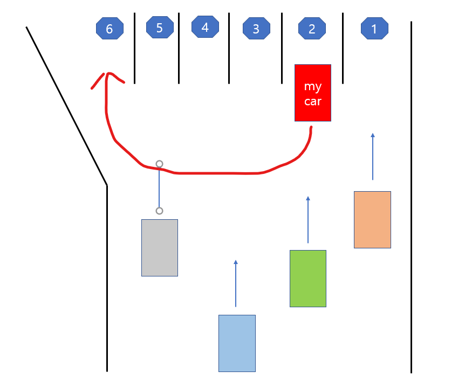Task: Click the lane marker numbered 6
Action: point(110,29)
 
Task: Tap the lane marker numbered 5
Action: point(160,28)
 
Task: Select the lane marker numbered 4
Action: point(205,27)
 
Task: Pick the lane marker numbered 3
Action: point(256,29)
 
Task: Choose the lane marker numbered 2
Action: point(312,29)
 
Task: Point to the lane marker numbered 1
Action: point(374,29)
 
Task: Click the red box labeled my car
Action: point(313,93)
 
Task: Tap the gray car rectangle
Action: point(160,248)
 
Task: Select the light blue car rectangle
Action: point(237,343)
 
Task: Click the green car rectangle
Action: point(308,279)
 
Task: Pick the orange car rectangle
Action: point(372,220)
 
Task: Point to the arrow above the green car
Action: point(308,219)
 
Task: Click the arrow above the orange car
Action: point(373,156)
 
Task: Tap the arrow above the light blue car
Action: point(236,283)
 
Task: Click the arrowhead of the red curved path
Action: point(108,76)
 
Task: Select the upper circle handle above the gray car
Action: point(159,164)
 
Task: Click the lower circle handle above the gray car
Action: point(159,211)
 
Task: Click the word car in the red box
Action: point(313,101)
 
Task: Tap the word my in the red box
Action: point(313,86)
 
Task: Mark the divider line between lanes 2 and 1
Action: point(343,49)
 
